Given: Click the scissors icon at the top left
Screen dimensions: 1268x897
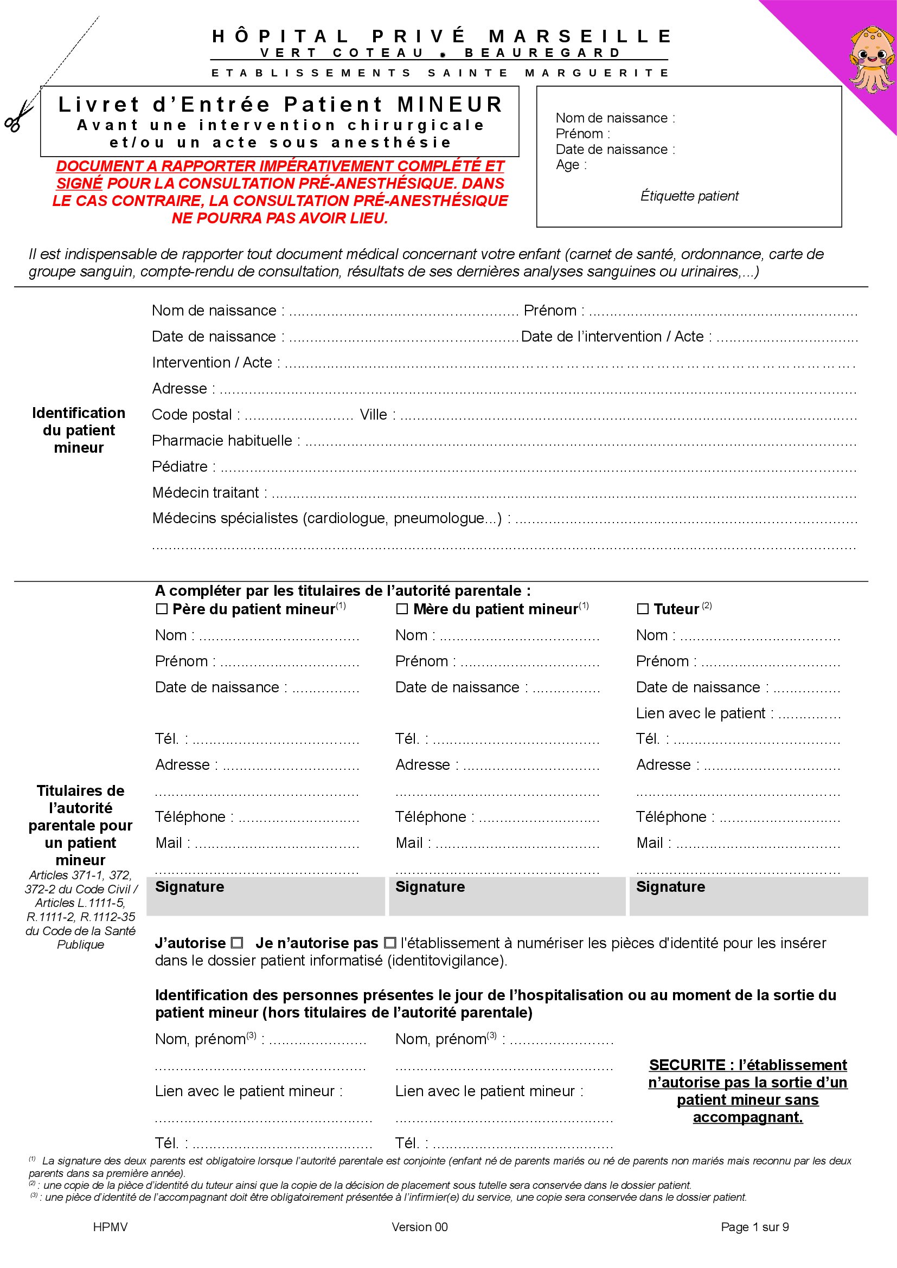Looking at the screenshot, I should [19, 115].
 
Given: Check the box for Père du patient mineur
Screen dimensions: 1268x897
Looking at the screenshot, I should [161, 609].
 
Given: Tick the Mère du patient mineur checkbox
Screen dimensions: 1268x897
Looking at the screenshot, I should [402, 609].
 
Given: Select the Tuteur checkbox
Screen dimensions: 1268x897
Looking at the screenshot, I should [642, 609].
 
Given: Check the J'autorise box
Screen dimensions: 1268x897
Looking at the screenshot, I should [237, 943].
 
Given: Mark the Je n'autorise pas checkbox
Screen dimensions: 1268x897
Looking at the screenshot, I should [390, 943].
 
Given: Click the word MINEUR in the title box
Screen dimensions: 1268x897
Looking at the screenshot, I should [450, 105].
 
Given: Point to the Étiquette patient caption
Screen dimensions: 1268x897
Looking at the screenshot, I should [689, 196].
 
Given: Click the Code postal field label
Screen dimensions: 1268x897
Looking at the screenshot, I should [191, 415].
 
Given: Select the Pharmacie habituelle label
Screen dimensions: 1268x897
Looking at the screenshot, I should [222, 441].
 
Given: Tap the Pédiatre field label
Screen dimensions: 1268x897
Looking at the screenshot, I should [180, 467].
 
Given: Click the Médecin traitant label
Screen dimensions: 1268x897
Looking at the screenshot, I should [206, 493].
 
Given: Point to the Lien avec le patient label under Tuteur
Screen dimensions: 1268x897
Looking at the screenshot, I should [700, 713].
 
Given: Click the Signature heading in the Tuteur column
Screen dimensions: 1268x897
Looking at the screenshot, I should [670, 887].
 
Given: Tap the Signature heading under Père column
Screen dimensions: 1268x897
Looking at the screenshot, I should [189, 887].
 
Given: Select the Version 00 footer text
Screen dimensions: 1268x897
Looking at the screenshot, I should [419, 1227].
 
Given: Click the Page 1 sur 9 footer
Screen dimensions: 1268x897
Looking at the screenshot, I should [754, 1227].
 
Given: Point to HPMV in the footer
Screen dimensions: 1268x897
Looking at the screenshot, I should [111, 1227].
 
